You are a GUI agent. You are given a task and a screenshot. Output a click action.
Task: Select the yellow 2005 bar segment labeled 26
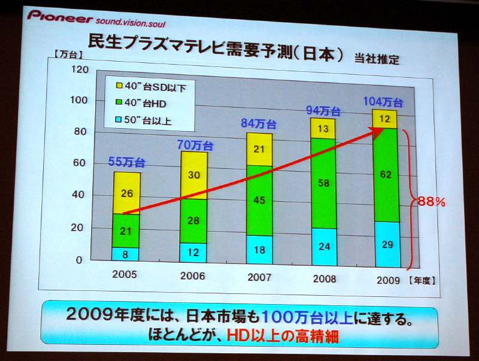coord(126,193)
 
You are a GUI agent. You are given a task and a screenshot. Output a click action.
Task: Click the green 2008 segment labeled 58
coord(323,183)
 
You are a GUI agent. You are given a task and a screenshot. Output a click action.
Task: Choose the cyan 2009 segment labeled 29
coord(386,245)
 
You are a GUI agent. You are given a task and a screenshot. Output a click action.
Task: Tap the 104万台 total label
coord(383,101)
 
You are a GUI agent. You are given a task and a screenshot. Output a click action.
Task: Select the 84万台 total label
coord(259,124)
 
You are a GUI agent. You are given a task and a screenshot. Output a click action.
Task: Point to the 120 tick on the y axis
coord(80,69)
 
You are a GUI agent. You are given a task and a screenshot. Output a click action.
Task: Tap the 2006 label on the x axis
coord(192,277)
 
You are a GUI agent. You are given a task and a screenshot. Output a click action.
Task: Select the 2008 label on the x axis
coord(323,279)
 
